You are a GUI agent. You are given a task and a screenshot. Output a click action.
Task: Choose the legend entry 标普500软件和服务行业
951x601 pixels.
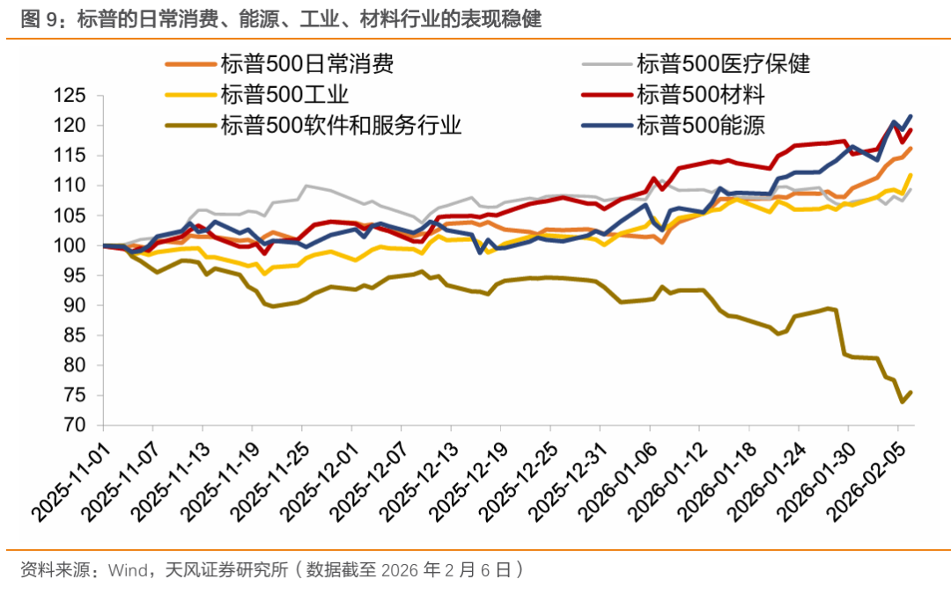341,124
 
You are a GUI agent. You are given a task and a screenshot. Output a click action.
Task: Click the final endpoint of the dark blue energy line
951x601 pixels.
910,116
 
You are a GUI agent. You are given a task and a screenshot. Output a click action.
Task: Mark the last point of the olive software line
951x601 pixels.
910,392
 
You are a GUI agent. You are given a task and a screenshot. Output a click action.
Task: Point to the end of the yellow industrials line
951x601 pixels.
910,175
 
